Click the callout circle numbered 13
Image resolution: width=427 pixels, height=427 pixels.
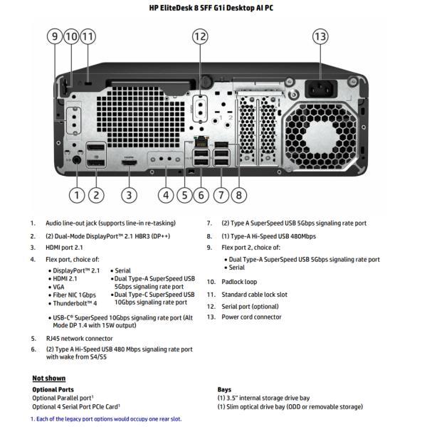[x=320, y=36]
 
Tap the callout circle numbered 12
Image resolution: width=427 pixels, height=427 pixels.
[x=200, y=36]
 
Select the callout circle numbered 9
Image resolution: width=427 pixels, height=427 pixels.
[x=56, y=36]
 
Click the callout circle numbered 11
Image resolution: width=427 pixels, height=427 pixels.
[x=88, y=36]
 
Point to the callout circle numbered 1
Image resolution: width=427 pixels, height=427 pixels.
[x=77, y=194]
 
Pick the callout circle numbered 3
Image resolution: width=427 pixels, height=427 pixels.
[x=129, y=194]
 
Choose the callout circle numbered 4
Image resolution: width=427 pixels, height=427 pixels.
[x=167, y=194]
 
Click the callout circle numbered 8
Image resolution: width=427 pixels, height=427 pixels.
[x=238, y=194]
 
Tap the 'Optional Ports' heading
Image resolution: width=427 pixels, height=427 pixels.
[x=53, y=389]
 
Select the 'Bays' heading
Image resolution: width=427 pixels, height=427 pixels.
[x=224, y=389]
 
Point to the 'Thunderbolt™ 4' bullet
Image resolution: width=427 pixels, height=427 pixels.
[x=77, y=302]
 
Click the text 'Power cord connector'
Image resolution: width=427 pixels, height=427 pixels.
[x=252, y=317]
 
